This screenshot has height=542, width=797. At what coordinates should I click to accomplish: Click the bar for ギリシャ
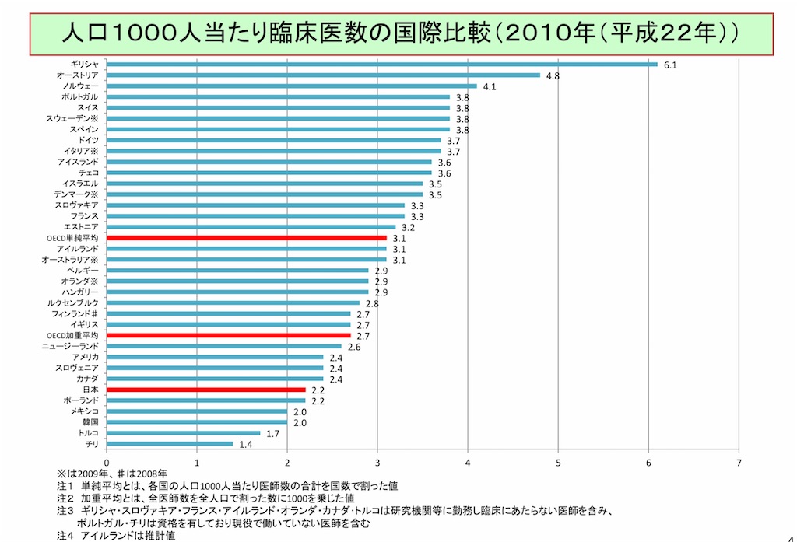point(381,65)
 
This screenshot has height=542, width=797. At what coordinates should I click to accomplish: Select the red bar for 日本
point(206,389)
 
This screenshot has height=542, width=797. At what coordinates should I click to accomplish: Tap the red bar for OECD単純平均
point(246,237)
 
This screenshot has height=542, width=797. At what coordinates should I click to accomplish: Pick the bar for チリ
point(170,443)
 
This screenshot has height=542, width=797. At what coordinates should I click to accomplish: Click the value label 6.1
point(670,65)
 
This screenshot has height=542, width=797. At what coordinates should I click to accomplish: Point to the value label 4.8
point(553,76)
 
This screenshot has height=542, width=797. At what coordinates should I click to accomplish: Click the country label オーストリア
point(77,75)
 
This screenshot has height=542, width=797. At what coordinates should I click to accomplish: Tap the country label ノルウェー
point(80,86)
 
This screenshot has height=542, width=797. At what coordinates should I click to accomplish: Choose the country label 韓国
point(90,421)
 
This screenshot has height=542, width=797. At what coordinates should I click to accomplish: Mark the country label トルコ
point(87,432)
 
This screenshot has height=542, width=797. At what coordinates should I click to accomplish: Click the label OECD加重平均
point(72,335)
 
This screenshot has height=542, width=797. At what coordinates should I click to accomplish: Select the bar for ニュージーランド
point(224,346)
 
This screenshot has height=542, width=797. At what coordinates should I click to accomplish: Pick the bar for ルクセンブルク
point(233,302)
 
